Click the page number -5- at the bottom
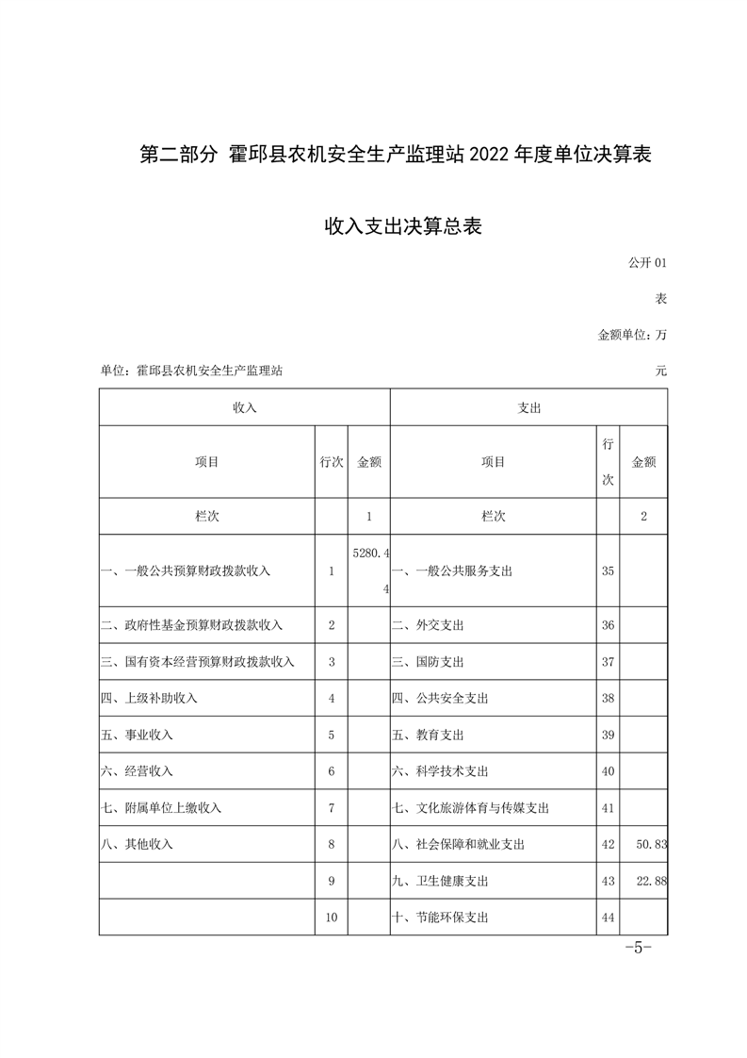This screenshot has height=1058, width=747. (x=639, y=948)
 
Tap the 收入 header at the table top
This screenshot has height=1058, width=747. (x=245, y=408)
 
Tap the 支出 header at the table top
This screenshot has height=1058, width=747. (x=529, y=408)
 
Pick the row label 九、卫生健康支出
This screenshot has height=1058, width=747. (x=452, y=881)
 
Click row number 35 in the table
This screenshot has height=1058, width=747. (x=608, y=571)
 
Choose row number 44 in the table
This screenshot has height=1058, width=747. (x=608, y=917)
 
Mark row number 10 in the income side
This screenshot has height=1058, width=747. (x=332, y=917)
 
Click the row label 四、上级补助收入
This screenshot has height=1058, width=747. (x=149, y=699)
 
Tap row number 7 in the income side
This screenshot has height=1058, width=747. (x=332, y=808)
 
